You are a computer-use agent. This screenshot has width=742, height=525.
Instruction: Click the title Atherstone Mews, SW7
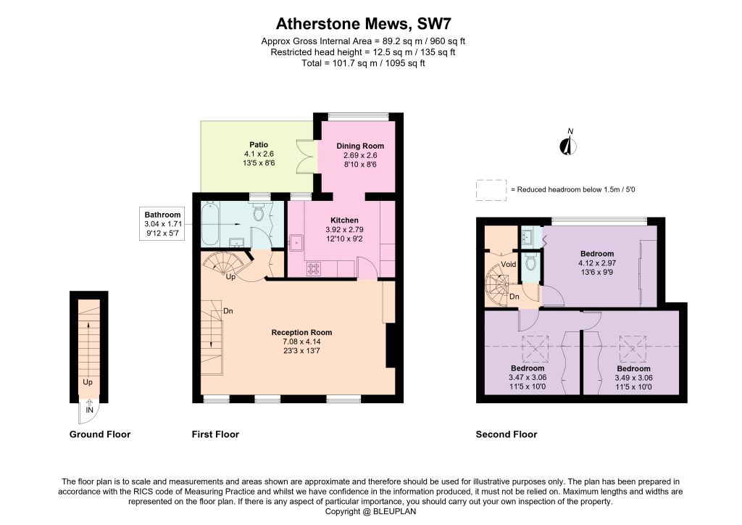pos(364,24)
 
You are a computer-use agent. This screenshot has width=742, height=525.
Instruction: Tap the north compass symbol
pos(569,143)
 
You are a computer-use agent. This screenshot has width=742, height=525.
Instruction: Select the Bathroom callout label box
pos(162,223)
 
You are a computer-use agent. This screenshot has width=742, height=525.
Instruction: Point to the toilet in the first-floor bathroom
pos(259,212)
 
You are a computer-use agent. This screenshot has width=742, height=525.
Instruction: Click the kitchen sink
pos(297,242)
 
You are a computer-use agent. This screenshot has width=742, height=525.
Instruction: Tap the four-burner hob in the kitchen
pos(314,268)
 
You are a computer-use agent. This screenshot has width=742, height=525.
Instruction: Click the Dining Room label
pos(360,146)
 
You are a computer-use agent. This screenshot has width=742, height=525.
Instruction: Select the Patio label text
pos(259,145)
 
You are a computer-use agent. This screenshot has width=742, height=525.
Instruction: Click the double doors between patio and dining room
pos(305,156)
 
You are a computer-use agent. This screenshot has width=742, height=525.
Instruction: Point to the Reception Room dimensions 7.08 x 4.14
pos(302,342)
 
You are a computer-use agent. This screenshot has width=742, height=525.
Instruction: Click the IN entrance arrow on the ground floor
pos(89,404)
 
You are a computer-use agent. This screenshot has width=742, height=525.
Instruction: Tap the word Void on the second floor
pos(508,264)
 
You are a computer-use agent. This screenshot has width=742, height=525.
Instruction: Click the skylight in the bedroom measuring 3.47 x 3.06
pos(535,349)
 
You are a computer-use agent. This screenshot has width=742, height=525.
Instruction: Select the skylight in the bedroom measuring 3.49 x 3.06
pos(633,349)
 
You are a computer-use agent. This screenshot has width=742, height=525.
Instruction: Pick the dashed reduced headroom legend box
pos(491,190)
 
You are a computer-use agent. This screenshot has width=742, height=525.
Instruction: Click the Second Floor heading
pos(507,434)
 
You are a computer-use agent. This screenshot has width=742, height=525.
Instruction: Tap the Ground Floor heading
pos(100,434)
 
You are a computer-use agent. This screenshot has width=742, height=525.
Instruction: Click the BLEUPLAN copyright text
pos(370,511)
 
